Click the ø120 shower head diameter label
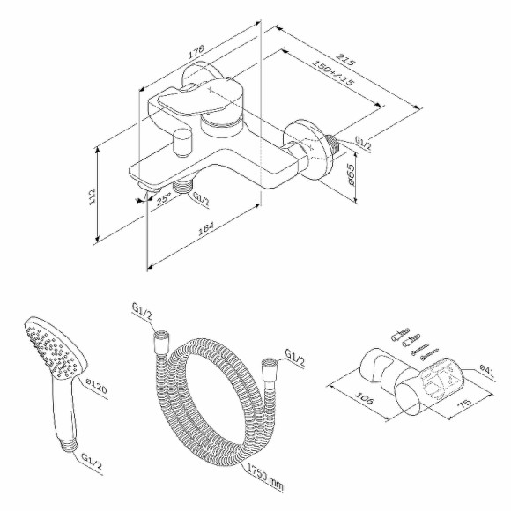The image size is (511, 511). [95, 384]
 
